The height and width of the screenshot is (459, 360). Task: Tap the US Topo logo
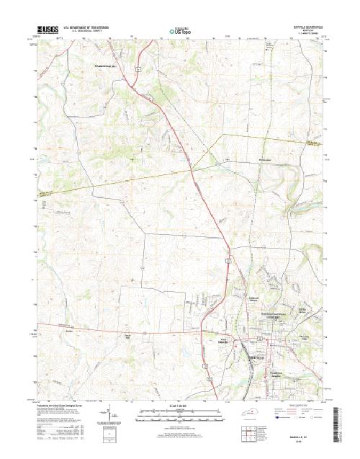[x=181, y=31]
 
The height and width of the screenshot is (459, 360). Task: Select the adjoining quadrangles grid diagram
[x=250, y=431]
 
